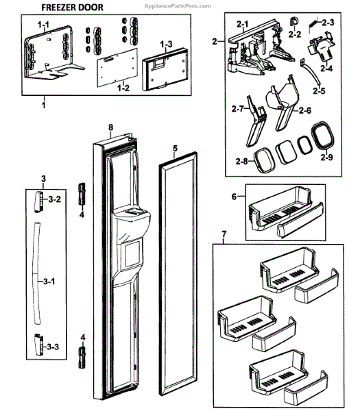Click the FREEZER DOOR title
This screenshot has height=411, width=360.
click(72, 8)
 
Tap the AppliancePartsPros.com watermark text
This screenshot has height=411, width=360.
click(178, 6)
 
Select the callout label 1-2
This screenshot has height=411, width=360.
click(123, 88)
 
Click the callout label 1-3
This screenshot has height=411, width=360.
click(167, 45)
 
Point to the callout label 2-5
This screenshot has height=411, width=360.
click(319, 90)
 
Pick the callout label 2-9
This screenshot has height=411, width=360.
click(326, 157)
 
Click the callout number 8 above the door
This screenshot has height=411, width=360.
click(110, 127)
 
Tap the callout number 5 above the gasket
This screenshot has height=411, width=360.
click(175, 149)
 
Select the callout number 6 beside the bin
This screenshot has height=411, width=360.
click(235, 197)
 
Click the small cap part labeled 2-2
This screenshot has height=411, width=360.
click(293, 22)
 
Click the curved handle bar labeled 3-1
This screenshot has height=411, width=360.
click(37, 273)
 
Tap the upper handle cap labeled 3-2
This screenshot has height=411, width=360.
click(38, 201)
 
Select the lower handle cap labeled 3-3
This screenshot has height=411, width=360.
click(39, 345)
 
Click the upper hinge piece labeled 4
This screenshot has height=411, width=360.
click(82, 195)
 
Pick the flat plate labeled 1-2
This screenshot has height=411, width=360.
click(117, 67)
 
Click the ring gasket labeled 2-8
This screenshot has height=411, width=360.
click(264, 160)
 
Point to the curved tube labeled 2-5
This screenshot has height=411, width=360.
click(310, 71)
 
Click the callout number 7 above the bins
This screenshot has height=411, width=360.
click(224, 234)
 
